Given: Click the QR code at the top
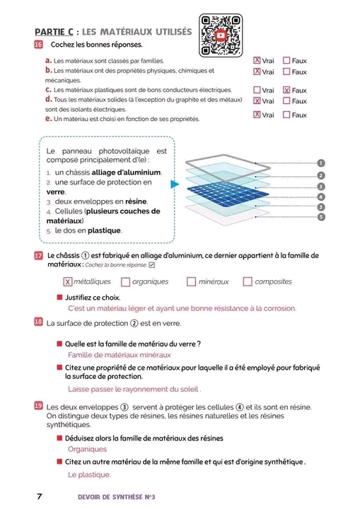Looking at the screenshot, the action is coord(221,35).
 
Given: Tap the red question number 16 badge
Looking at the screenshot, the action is coord(38,45).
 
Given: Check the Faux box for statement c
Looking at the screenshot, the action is coord(286,90).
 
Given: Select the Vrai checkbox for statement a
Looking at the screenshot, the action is coord(257,60).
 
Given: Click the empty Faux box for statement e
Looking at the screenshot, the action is coord(286,115).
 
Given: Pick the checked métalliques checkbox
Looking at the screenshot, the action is coord(68,281).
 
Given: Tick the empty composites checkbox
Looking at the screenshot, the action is coord(248,281).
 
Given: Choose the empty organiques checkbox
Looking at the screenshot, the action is coord(125,281).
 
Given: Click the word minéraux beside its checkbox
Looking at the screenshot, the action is coord(214,282).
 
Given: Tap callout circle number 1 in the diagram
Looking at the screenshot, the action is coord(320,163).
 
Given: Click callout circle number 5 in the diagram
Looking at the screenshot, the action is coord(321,217).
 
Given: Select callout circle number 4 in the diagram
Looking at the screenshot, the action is coord(321,197).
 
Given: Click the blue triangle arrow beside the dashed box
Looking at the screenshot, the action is coord(175,184).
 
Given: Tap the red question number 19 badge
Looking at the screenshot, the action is coord(38,406).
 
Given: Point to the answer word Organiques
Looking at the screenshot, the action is coord(87,450).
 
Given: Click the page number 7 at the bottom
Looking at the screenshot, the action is coord(40,496).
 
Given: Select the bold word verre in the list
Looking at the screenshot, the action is coord(56,192).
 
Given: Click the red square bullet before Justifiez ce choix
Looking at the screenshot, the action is coord(59,298).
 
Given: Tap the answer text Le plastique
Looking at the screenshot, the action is coord(89,474).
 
